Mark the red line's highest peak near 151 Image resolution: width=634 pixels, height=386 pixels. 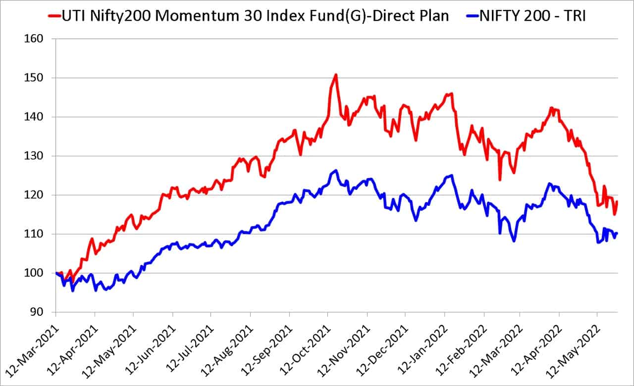click(x=336, y=75)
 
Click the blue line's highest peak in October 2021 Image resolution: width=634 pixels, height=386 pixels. click(x=336, y=171)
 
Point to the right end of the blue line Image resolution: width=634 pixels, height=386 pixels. click(x=617, y=234)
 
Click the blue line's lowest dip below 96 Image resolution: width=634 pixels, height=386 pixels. click(x=73, y=290)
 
